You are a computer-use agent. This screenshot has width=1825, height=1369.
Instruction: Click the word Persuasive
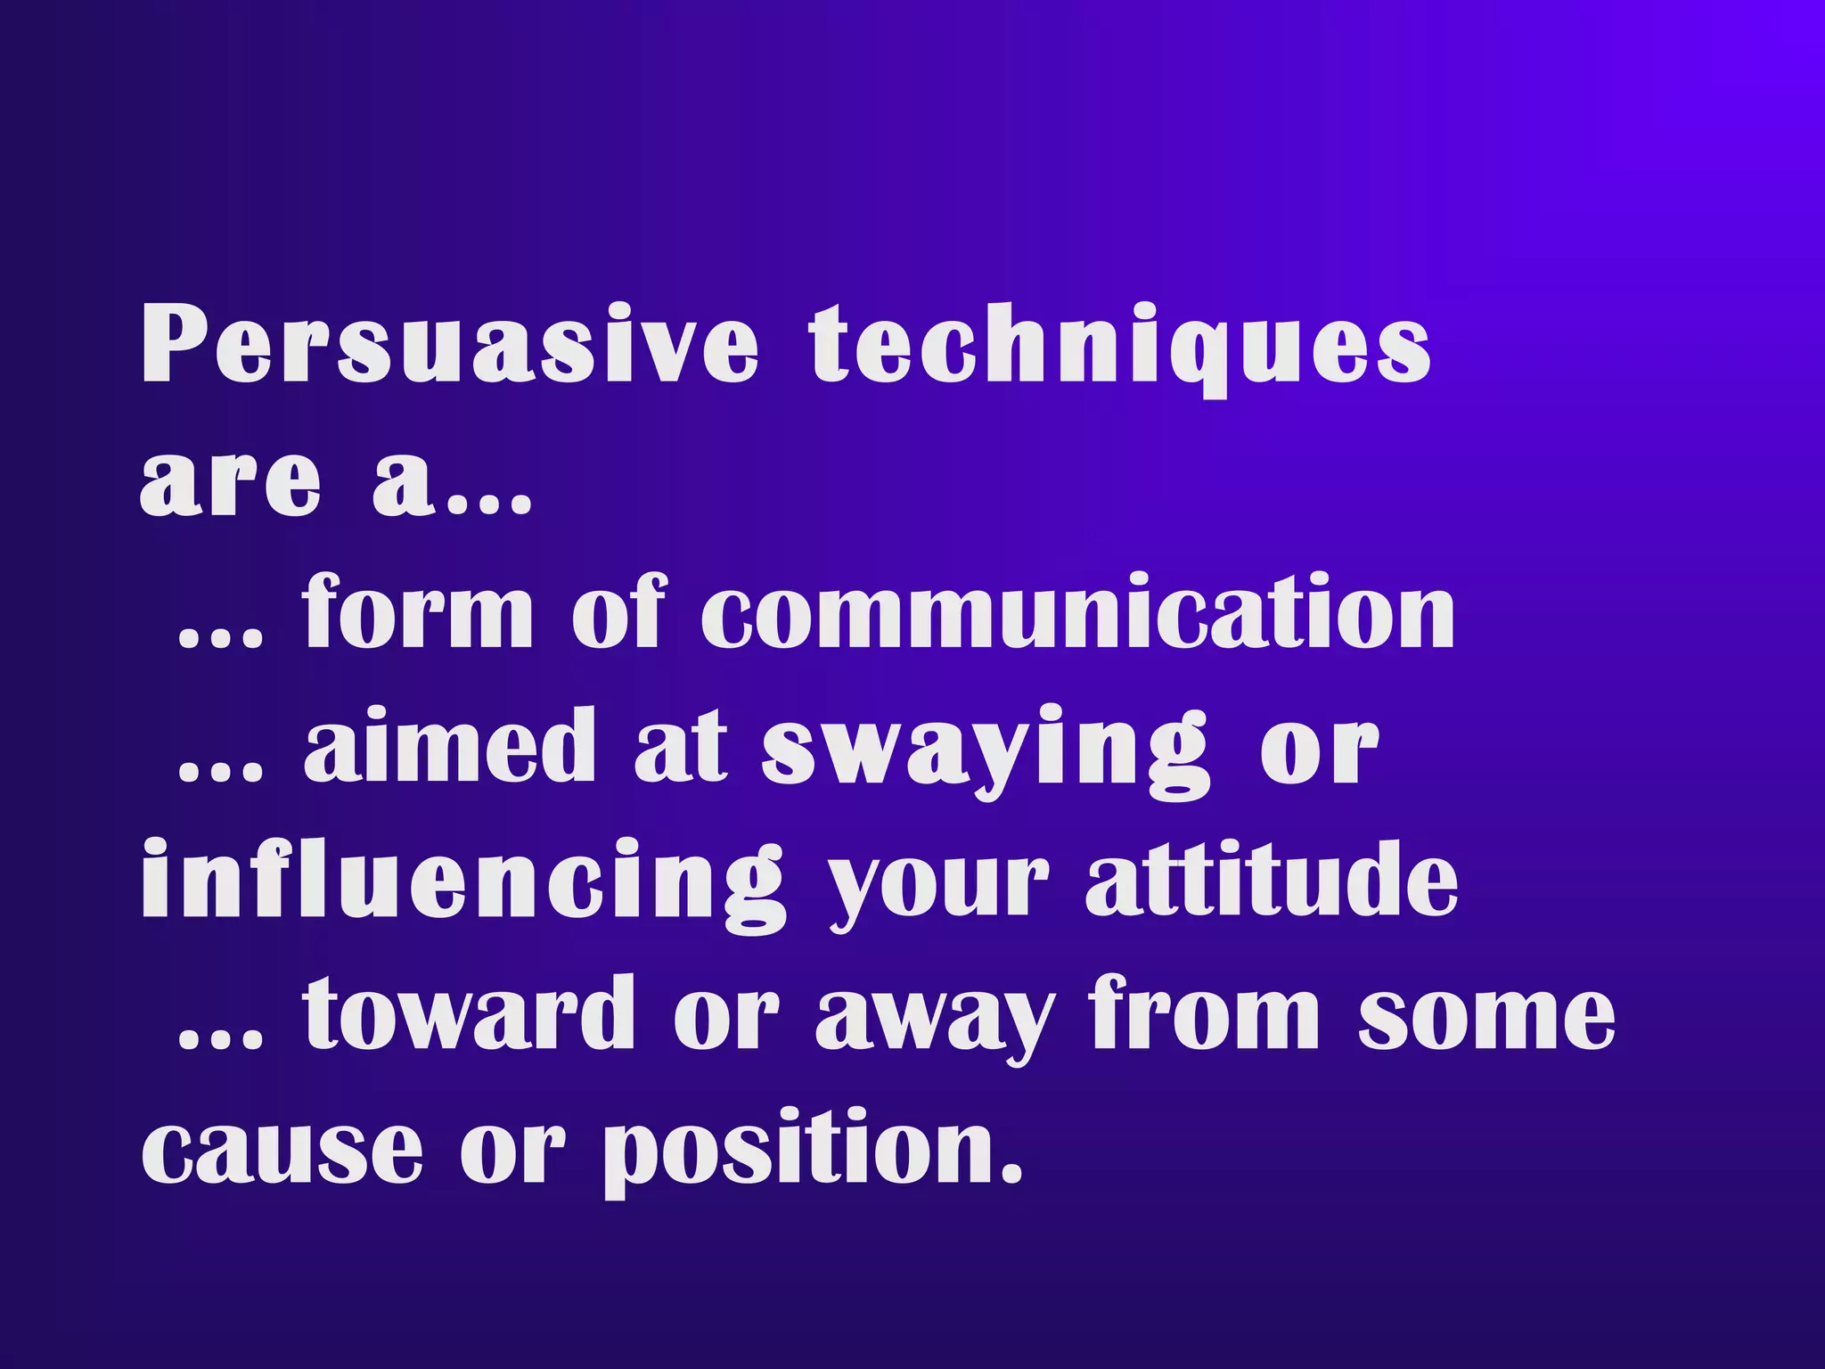[450, 346]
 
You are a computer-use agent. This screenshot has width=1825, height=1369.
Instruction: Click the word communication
[1078, 613]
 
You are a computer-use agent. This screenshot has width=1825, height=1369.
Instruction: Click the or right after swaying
[1320, 749]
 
